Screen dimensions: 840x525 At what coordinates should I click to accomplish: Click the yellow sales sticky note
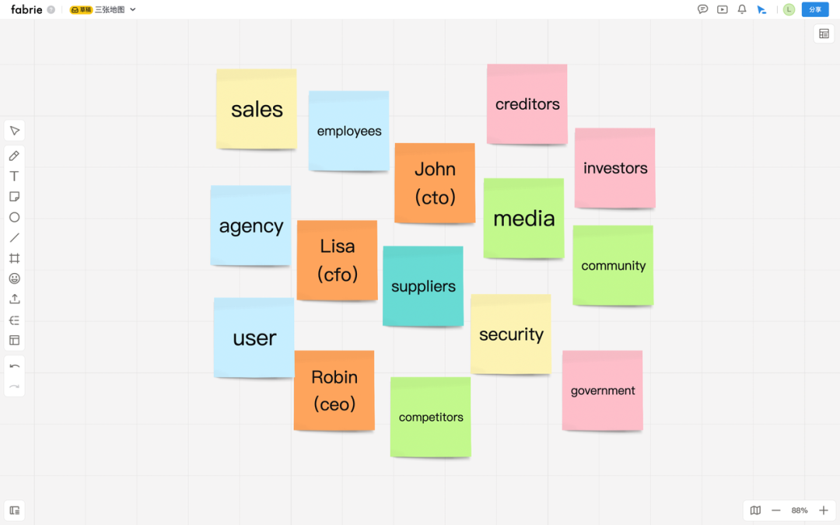coord(256,109)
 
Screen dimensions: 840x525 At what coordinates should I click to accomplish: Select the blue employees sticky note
coord(348,131)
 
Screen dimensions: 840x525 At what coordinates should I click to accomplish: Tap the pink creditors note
coord(527,104)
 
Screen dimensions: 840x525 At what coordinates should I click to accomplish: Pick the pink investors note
coord(614,168)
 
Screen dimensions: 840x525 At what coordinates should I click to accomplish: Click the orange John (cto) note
coord(434,184)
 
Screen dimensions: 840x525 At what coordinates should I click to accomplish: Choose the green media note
coord(523,219)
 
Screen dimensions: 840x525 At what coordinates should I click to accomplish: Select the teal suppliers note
coord(423,286)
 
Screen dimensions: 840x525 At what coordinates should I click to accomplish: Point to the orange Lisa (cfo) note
coord(337,260)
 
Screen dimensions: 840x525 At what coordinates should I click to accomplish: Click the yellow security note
coord(511,334)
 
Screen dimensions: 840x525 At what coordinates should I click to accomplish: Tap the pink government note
coord(603,390)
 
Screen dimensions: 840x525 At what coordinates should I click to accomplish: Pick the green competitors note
coord(430,417)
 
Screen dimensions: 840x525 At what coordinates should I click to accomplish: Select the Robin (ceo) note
coord(334,390)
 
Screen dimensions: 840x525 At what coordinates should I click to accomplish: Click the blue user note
coord(254,338)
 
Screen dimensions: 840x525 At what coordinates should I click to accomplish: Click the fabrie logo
coord(26,9)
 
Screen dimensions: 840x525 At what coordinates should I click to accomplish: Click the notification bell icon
coord(742,9)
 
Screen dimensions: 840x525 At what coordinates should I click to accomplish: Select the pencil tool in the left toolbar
coord(14,156)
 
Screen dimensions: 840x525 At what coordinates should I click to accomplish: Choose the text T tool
coord(14,177)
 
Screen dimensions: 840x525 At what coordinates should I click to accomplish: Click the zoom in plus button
coord(824,510)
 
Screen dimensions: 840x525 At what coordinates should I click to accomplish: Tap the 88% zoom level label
coord(800,510)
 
